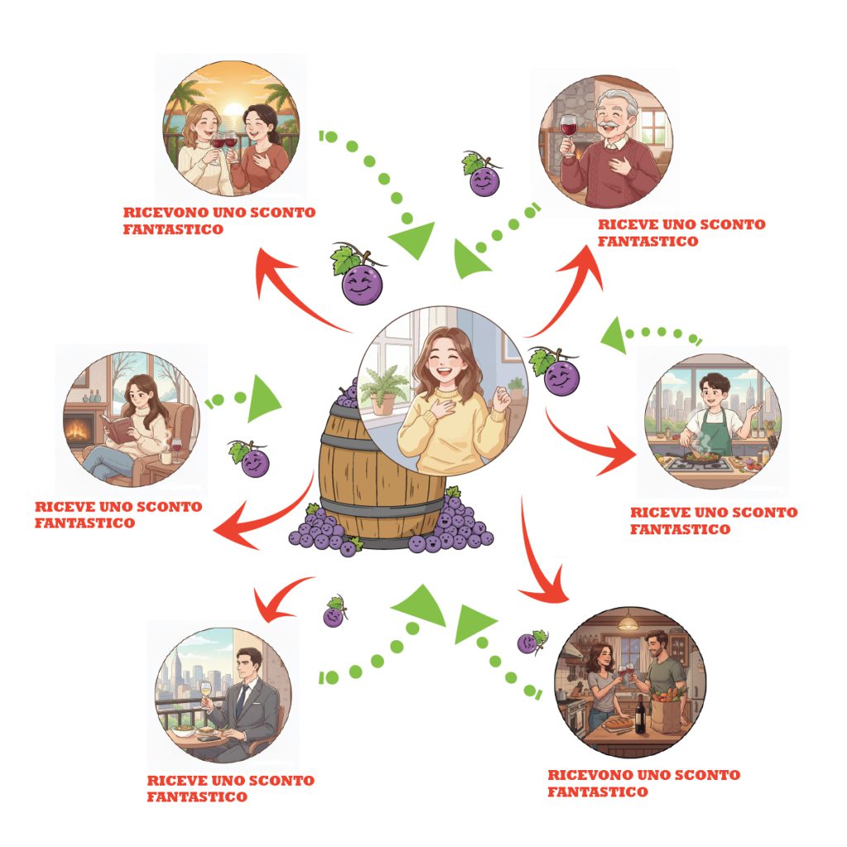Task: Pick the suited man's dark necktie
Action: click(x=241, y=700)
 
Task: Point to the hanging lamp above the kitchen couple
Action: click(x=629, y=621)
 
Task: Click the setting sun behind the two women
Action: click(x=232, y=111)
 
